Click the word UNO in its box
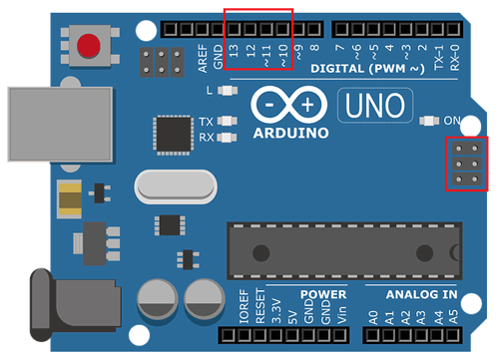[371, 103]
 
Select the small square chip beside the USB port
[170, 134]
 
